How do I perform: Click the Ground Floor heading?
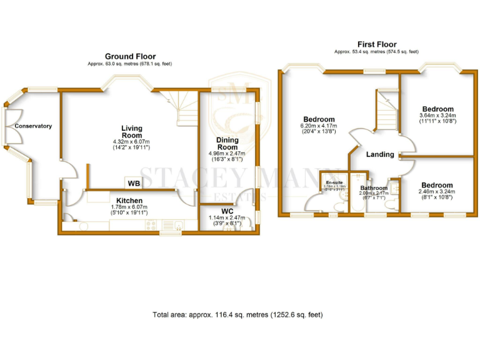130,56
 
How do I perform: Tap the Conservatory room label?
33,126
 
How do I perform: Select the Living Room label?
132,132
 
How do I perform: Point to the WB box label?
134,183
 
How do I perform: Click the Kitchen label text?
130,201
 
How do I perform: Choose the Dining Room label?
227,144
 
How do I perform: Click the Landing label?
380,154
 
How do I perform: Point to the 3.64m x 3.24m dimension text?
437,116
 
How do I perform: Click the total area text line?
237,314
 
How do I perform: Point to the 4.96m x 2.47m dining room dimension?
227,154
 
